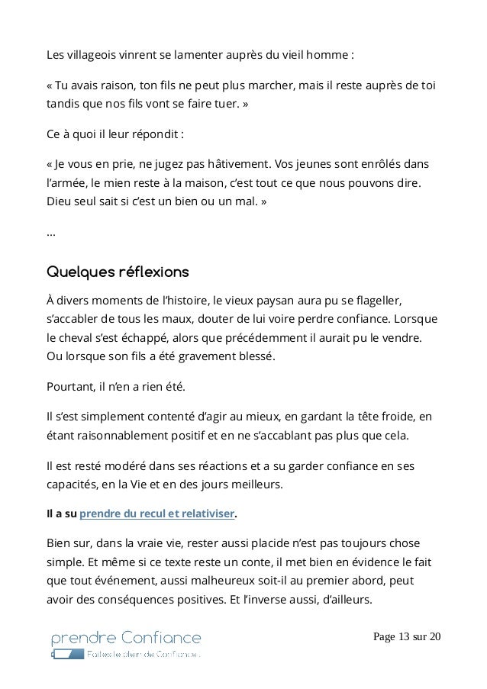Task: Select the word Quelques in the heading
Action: [x=79, y=272]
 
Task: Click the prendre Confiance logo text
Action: [x=126, y=638]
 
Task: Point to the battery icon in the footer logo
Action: [x=67, y=655]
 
